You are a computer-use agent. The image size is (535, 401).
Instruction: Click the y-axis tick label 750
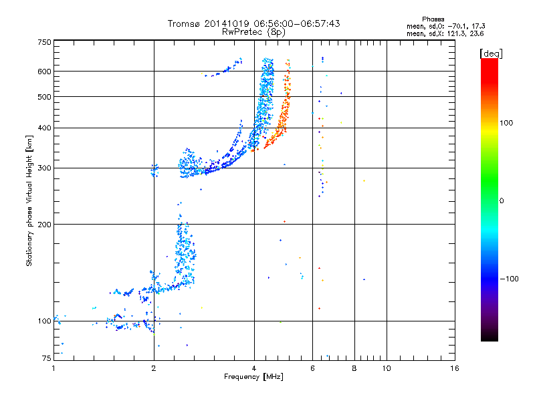pos(44,42)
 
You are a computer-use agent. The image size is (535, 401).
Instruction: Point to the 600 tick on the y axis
pos(44,72)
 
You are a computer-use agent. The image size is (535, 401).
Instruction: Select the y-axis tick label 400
pos(44,128)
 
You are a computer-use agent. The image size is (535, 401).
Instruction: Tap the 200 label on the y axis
pos(44,225)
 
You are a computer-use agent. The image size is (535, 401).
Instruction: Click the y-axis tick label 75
pos(46,359)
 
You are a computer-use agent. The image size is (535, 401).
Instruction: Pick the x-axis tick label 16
pos(454,369)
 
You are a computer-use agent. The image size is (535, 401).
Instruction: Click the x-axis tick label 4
pos(254,369)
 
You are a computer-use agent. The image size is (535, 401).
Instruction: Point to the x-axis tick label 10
pos(387,369)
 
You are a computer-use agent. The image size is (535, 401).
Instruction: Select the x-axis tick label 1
pos(53,369)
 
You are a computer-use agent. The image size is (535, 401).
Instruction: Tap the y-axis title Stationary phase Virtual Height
pos(29,200)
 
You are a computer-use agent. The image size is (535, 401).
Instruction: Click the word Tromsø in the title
pos(186,23)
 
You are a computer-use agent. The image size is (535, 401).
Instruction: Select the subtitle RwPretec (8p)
pos(253,31)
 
